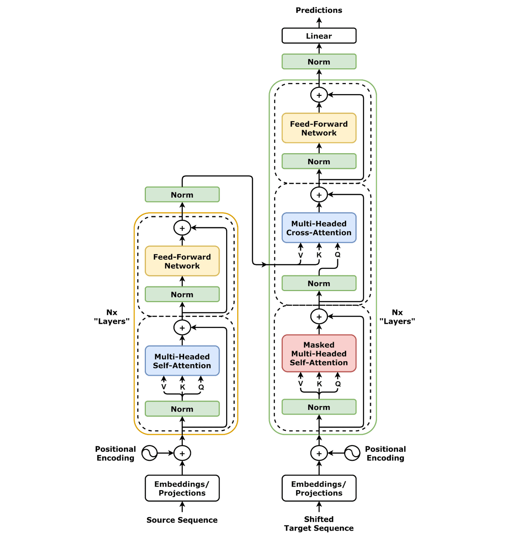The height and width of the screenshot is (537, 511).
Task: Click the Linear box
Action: (319, 36)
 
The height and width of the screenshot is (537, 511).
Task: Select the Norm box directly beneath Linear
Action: (319, 62)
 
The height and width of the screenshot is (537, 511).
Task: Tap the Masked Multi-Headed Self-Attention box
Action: (319, 354)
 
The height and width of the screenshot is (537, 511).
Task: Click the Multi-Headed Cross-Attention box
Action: (319, 228)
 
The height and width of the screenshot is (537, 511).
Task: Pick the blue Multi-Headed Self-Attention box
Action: (182, 361)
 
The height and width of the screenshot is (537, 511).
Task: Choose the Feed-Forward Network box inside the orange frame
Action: (182, 261)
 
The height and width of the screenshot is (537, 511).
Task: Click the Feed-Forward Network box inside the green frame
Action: (319, 128)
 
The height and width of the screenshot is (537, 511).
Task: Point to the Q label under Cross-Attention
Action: (338, 254)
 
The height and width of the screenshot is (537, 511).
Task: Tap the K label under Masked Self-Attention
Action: (319, 384)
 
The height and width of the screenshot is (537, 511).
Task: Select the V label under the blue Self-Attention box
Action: (164, 387)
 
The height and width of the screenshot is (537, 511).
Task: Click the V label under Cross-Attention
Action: (301, 255)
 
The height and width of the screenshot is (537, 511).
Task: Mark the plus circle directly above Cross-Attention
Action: (319, 195)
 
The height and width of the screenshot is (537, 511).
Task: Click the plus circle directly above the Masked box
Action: (319, 317)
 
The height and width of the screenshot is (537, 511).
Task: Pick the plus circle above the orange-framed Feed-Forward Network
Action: (182, 228)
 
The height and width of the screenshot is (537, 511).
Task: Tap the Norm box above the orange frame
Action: (182, 194)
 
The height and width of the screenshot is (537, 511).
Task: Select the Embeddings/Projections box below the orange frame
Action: (182, 488)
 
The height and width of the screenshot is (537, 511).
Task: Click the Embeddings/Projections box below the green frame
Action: (319, 488)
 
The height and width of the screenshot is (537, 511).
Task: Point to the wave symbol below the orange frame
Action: (149, 453)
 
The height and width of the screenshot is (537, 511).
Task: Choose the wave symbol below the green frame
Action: (352, 453)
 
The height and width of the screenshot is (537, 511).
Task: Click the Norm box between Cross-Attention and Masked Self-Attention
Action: (319, 283)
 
